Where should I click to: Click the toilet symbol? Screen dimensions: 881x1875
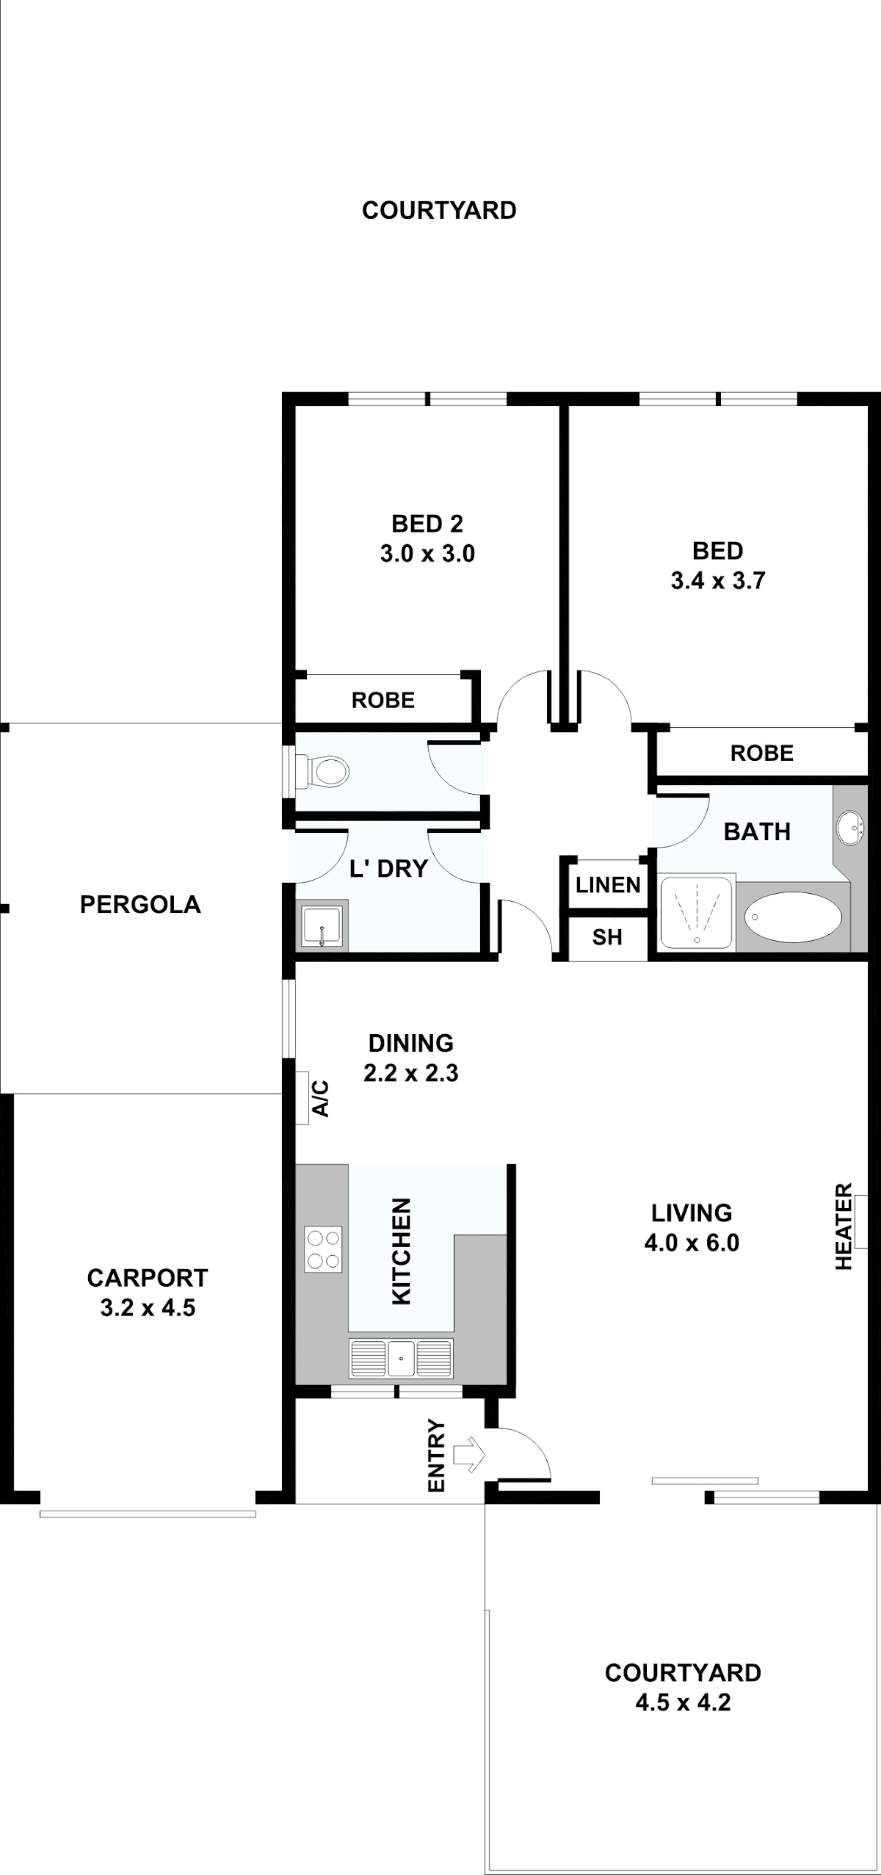[322, 771]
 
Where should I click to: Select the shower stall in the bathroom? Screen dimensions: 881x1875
[697, 912]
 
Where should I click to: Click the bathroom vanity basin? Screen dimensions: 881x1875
[850, 827]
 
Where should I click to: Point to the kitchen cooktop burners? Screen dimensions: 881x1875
[323, 1250]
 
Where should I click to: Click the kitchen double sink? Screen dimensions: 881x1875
[401, 1358]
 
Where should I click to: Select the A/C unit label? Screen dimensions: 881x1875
[321, 1098]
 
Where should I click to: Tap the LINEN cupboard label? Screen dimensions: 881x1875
[608, 885]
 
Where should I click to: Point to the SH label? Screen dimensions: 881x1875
[607, 937]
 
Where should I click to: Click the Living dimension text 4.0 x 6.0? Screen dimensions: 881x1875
[692, 1243]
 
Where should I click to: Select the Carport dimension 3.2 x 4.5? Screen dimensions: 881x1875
[148, 1307]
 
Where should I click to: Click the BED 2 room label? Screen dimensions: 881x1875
[427, 524]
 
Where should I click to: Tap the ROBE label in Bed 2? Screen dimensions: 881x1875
[383, 700]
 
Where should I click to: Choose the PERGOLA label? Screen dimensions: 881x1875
[140, 904]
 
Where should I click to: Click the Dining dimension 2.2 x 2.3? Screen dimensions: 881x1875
[411, 1073]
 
